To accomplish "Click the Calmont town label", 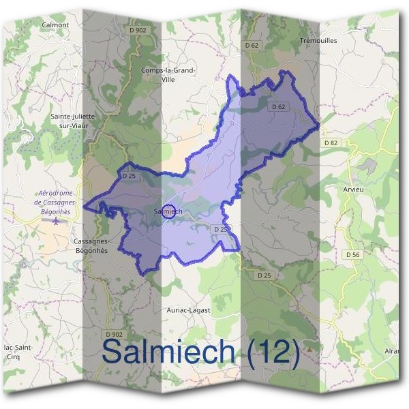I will [x=56, y=25].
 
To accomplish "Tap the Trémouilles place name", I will [x=318, y=40].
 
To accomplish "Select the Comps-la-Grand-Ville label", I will [x=168, y=74].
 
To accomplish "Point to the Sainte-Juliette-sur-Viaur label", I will [x=74, y=121].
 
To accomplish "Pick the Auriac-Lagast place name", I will [x=188, y=309].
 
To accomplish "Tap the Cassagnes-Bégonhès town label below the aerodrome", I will [x=91, y=245].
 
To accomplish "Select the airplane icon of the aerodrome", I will [x=56, y=222].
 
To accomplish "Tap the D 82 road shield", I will [x=331, y=142].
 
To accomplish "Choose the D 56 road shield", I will [x=352, y=254].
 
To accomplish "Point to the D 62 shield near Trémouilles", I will [x=252, y=45].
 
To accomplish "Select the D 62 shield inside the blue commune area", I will [x=277, y=106].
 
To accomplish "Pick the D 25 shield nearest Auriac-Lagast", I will [x=265, y=275].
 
